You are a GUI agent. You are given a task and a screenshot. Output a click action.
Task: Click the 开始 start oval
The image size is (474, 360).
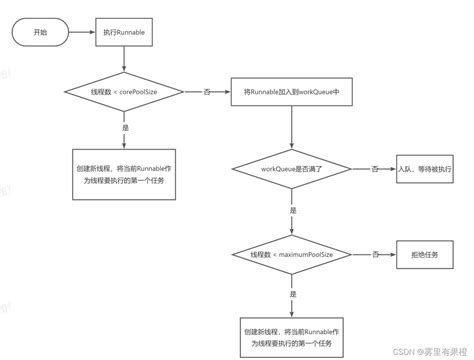[40, 33]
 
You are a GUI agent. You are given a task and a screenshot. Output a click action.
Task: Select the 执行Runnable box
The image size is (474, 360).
[123, 33]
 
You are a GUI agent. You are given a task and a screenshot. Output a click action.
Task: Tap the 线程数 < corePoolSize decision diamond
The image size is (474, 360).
[123, 92]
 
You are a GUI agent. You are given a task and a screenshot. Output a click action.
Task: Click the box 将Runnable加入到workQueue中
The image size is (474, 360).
[290, 92]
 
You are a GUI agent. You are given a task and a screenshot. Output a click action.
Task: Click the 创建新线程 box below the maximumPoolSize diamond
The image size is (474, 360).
[290, 335]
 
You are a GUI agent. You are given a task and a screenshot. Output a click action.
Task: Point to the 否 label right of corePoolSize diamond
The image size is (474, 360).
[207, 92]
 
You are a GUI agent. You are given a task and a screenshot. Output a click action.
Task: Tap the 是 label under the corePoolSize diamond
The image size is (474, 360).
[123, 127]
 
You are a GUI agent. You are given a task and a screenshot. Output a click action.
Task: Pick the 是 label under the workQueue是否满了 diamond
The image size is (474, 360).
[290, 211]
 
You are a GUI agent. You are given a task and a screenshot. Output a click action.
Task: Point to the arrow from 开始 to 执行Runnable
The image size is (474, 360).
[81, 33]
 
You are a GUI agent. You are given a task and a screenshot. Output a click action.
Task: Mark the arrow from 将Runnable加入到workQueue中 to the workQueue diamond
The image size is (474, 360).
[290, 128]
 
